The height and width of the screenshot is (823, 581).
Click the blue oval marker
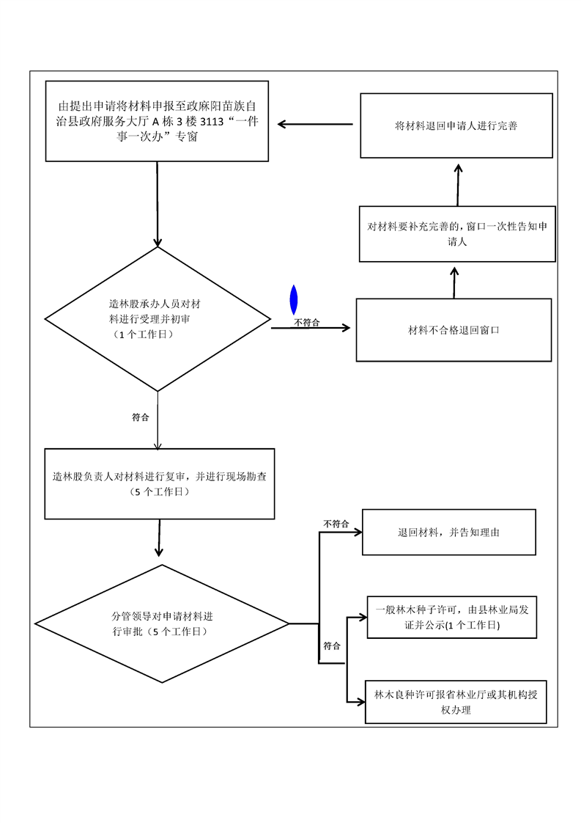coord(294,300)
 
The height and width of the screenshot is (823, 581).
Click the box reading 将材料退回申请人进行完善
coord(456,125)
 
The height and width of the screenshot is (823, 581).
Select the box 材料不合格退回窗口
coord(454,330)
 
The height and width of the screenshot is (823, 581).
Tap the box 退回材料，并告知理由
coord(449,532)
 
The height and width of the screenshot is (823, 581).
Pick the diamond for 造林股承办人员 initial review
coord(158,319)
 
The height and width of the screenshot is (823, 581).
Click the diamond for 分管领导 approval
coord(162,623)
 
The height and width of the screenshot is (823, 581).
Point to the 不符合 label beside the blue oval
coord(307,322)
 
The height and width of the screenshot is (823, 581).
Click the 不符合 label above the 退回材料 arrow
coord(336,524)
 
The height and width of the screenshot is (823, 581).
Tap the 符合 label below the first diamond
coord(141,417)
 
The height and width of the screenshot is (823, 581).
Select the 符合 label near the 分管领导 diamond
coord(332,646)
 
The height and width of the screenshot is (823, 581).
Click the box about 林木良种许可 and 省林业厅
coord(455,702)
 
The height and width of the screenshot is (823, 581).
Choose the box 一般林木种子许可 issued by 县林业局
coord(453,616)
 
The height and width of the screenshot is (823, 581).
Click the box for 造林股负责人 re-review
coord(159,483)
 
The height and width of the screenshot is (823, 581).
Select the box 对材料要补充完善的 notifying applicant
coord(456,234)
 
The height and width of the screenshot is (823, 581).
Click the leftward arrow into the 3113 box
coord(315,124)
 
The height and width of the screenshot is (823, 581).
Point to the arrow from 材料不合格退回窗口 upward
coord(454,282)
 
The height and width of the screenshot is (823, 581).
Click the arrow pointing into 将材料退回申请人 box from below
coord(458,183)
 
